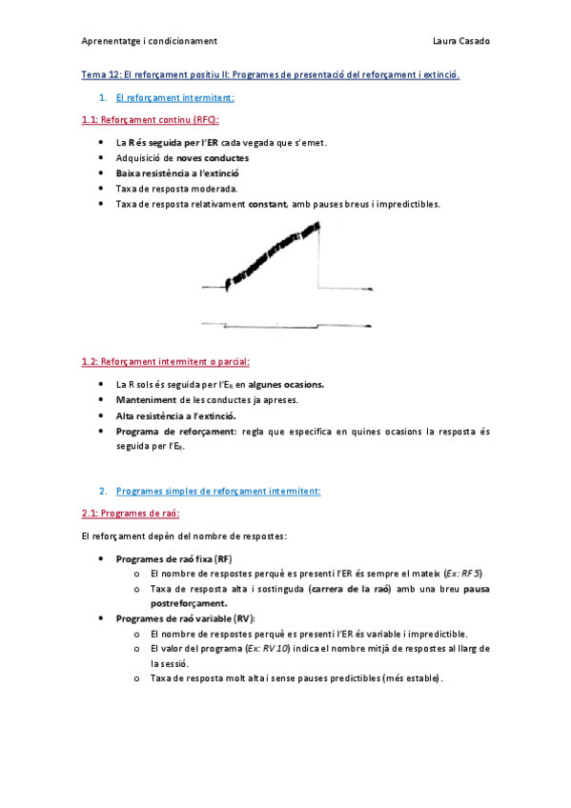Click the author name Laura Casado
pyautogui.click(x=462, y=41)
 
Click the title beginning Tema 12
pyautogui.click(x=270, y=74)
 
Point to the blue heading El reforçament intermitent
pyautogui.click(x=174, y=97)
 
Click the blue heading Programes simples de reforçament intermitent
pyautogui.click(x=218, y=491)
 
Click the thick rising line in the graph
pyautogui.click(x=272, y=253)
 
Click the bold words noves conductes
pyautogui.click(x=213, y=158)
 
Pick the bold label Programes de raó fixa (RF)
pyautogui.click(x=174, y=558)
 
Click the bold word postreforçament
pyautogui.click(x=189, y=603)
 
